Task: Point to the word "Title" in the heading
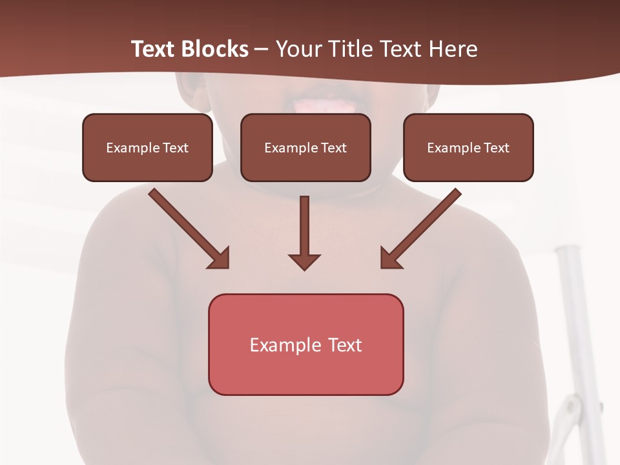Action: click(353, 49)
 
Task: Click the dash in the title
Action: click(262, 50)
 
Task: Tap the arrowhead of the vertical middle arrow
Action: click(304, 262)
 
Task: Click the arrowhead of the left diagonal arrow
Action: click(220, 258)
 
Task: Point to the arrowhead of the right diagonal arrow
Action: click(390, 258)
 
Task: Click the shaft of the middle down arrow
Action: click(304, 223)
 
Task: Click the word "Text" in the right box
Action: click(496, 148)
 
